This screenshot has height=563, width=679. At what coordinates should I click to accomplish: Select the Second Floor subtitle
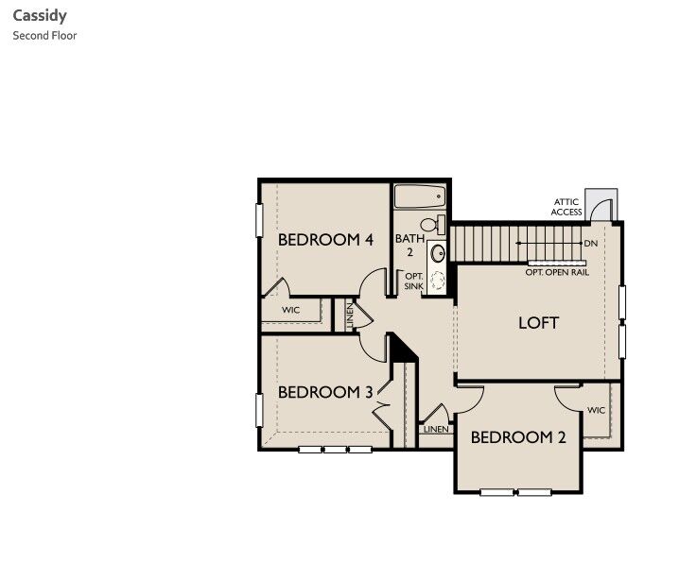pos(44,36)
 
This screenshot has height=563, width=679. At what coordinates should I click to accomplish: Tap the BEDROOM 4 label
pos(324,240)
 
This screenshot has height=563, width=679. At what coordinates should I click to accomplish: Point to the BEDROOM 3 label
pos(324,392)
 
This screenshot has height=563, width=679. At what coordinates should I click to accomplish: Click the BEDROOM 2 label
pos(518,437)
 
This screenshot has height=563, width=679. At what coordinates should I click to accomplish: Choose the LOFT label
pos(538,322)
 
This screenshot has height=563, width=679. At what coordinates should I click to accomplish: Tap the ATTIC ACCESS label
pos(567,207)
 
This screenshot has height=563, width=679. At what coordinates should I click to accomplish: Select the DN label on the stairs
pos(591,244)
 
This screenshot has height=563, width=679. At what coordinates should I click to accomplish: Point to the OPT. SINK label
pos(413,281)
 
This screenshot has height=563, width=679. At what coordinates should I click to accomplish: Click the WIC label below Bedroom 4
pos(290,310)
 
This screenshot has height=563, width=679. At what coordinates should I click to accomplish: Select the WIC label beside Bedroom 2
pos(596,411)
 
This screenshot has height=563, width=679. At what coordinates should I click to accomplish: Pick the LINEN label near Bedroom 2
pos(436,429)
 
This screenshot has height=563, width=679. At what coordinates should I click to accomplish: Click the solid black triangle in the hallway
pos(402,349)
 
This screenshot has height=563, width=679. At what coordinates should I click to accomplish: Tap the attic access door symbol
pos(600,205)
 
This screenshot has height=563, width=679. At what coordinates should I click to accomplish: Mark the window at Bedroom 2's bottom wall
pos(515,492)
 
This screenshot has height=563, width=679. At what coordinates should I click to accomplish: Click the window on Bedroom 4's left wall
pos(259,220)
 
